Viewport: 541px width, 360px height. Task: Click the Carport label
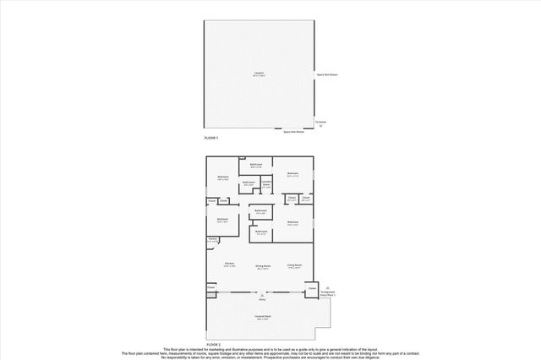coord(260,73)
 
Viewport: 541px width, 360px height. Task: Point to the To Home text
coord(320,122)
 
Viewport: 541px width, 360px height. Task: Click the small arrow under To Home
coord(320,126)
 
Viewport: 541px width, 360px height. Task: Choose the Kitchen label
coord(229,265)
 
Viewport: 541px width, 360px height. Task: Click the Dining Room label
coord(263,266)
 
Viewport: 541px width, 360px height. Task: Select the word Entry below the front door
coord(262,299)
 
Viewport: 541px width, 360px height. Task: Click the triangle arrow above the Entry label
coord(262,294)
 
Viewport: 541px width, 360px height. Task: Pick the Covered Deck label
coord(262,317)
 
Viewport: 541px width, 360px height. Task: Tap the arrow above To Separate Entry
coord(329,287)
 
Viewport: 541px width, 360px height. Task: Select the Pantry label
coord(213,239)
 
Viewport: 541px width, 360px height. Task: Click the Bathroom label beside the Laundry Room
coord(249,183)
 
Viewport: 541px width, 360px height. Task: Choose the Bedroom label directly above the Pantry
coord(222,220)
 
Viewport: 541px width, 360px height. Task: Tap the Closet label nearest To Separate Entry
coord(312,288)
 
